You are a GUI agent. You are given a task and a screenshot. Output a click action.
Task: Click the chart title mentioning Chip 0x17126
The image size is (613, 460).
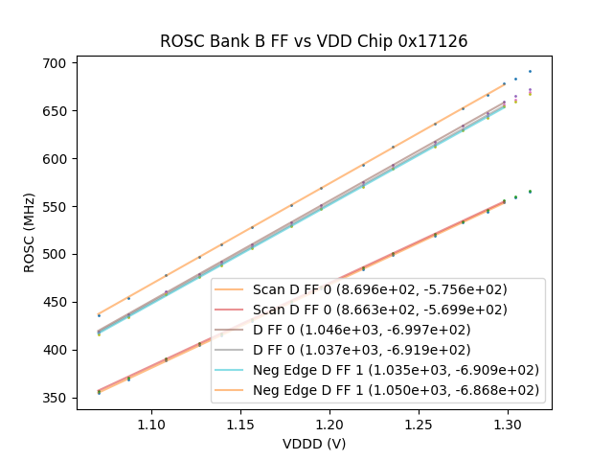313,41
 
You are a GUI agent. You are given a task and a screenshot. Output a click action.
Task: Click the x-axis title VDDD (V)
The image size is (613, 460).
313,444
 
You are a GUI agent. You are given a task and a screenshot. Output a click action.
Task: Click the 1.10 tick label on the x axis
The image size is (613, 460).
151,424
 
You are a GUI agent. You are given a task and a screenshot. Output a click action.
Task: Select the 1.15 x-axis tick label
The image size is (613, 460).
240,424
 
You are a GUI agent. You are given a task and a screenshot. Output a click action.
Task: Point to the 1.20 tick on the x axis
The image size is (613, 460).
329,424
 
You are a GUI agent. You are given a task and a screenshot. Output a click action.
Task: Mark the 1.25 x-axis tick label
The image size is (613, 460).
419,424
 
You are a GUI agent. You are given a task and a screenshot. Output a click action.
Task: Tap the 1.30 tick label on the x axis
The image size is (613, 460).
508,424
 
